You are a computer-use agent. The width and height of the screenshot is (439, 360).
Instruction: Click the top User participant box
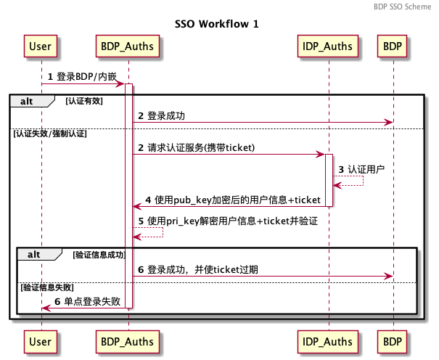coord(41,46)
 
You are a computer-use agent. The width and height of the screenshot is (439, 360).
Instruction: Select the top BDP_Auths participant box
coord(128,46)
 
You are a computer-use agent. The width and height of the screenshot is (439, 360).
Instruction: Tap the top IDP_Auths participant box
coord(327,46)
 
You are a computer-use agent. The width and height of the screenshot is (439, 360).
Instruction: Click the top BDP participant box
coord(392,46)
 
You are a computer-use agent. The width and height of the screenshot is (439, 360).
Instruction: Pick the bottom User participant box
coord(41,342)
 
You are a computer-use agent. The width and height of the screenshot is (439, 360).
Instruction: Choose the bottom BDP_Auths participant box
coord(128,342)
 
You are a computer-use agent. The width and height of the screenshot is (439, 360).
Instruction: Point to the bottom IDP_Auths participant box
coord(327,342)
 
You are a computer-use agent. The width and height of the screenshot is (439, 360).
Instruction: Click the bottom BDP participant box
coord(392,342)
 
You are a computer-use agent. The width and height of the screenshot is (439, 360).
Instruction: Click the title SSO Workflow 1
coord(217,24)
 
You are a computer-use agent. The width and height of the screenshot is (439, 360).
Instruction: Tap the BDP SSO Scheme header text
coord(402,7)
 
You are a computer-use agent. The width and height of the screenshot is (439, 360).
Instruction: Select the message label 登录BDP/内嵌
coord(86,76)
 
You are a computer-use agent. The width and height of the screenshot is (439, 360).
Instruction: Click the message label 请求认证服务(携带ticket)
coord(201,147)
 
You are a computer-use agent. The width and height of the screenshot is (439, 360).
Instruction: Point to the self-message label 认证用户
coord(366,169)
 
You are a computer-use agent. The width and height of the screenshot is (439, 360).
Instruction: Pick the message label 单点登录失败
coord(92,301)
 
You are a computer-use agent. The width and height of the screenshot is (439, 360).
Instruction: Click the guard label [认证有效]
coord(84,101)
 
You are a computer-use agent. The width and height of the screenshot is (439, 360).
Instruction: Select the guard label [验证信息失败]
coord(47,287)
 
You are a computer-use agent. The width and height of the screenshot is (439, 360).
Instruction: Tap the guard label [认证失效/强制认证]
coord(50,134)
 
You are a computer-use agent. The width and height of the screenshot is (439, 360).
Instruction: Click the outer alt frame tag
coord(32,101)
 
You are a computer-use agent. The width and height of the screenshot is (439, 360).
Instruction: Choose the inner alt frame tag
coord(39,254)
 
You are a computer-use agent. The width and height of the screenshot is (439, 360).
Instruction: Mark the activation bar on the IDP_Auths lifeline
coord(329,180)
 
